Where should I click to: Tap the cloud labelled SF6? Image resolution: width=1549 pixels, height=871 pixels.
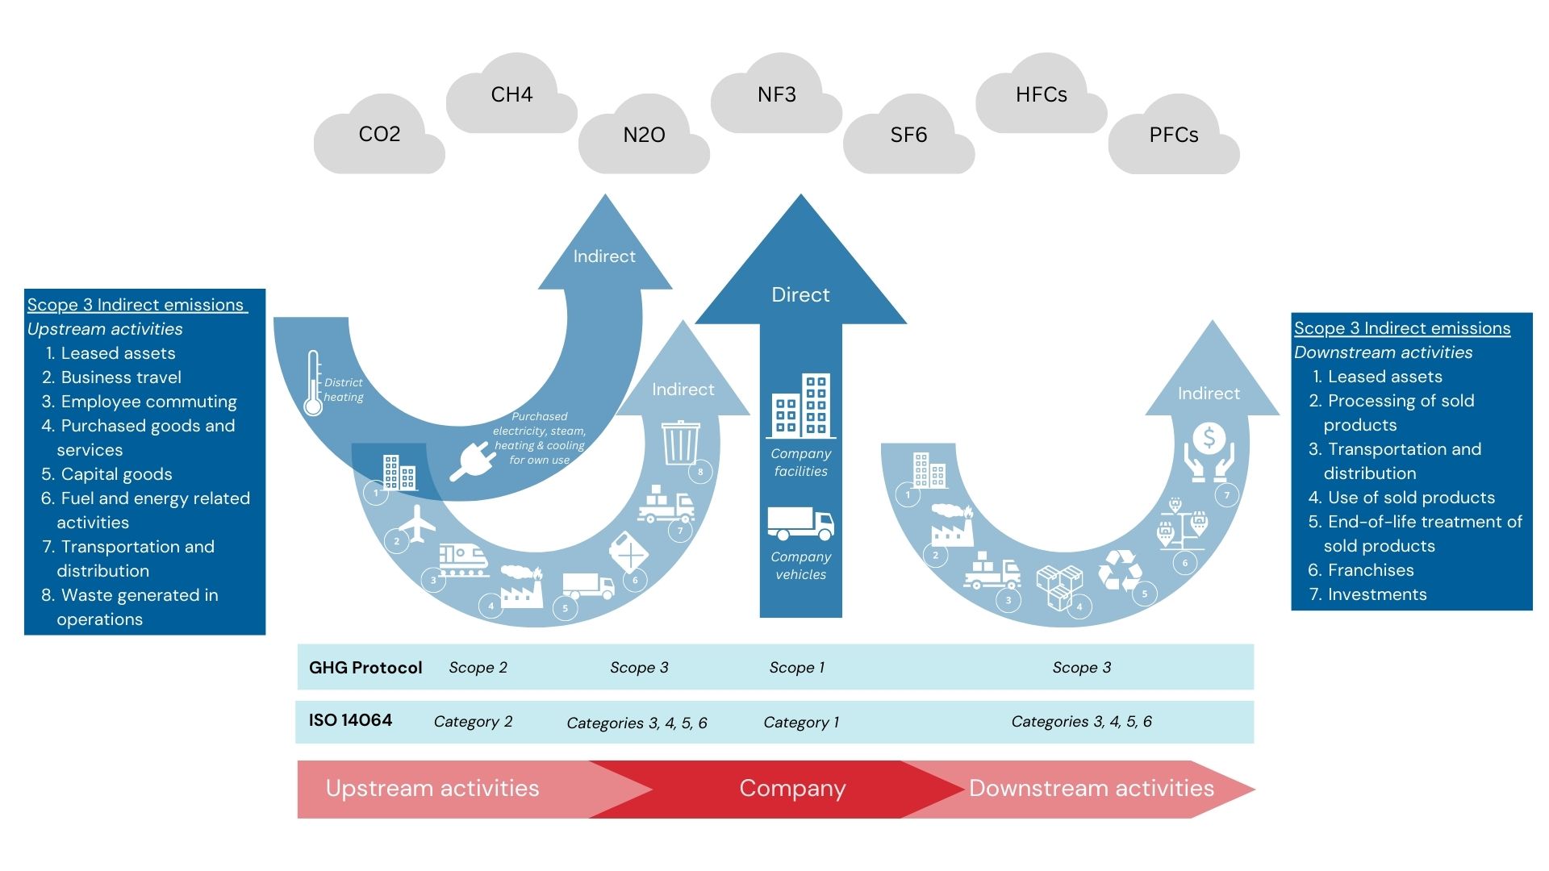coord(908,135)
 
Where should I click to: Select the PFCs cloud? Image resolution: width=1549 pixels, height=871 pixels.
coord(1173,135)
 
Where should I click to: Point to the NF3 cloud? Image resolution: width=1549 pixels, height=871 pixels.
coord(776,95)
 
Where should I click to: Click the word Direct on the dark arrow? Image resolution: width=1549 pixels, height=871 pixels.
coord(800,294)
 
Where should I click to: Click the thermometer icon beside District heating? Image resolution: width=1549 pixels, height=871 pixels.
coord(313,384)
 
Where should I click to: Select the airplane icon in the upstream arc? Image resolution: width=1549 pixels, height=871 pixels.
coord(417,523)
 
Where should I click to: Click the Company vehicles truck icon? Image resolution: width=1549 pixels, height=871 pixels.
coord(800,523)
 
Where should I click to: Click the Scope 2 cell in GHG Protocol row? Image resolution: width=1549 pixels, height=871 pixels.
coord(478,667)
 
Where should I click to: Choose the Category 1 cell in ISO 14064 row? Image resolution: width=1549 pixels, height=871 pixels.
coord(800,722)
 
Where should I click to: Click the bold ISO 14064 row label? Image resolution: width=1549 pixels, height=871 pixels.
coord(350,720)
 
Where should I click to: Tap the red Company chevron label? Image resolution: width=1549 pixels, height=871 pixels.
coord(792,788)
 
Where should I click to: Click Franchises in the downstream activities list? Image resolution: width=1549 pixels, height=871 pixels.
coord(1370,570)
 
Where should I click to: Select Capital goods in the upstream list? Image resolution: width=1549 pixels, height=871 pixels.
coord(116,474)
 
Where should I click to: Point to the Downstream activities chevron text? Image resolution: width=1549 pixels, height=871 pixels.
coord(1091,788)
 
